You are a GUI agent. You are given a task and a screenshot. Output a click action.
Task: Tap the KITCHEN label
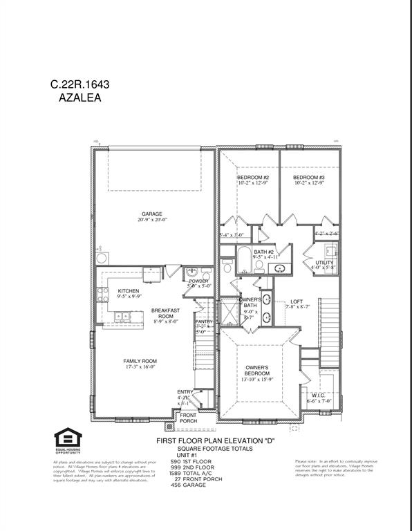[129, 291]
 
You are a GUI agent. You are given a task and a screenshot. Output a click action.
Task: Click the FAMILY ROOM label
[140, 361]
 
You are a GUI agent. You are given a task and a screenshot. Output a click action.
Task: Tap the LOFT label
[297, 301]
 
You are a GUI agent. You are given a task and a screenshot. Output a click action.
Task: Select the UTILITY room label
[324, 263]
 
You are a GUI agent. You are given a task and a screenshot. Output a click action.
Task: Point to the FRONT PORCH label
[188, 418]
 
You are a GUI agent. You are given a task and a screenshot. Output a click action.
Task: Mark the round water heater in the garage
[102, 258]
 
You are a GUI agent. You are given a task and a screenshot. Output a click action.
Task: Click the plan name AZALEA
[79, 99]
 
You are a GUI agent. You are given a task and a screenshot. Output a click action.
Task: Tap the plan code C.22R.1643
[79, 84]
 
